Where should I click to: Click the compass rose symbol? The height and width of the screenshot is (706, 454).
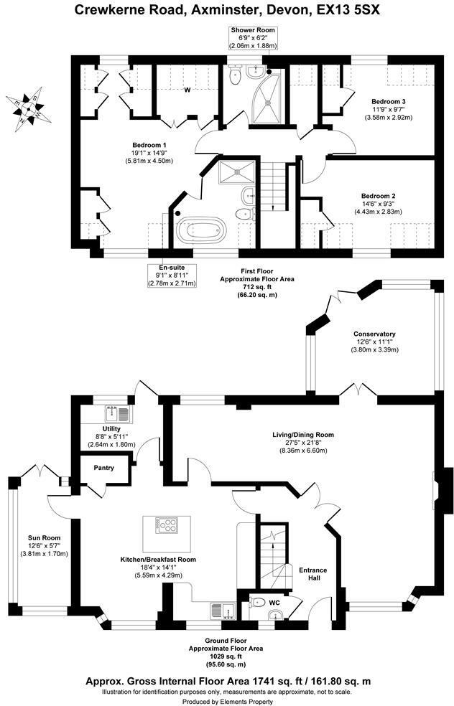click(28, 109)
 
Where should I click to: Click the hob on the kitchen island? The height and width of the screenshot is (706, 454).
click(167, 525)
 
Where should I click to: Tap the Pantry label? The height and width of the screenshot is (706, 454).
click(103, 468)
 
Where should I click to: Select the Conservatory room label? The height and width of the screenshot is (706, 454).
click(374, 334)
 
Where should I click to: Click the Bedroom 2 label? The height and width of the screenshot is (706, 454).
click(379, 197)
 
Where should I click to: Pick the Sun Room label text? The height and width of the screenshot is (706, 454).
click(45, 538)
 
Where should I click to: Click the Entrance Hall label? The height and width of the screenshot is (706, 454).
click(313, 574)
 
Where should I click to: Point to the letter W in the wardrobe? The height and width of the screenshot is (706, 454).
click(187, 90)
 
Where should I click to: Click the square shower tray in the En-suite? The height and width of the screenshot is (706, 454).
click(236, 173)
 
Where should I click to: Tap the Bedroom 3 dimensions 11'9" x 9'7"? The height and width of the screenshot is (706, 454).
click(389, 109)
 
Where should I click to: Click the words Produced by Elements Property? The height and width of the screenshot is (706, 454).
click(228, 702)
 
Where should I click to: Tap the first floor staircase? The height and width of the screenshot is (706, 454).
click(274, 185)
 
